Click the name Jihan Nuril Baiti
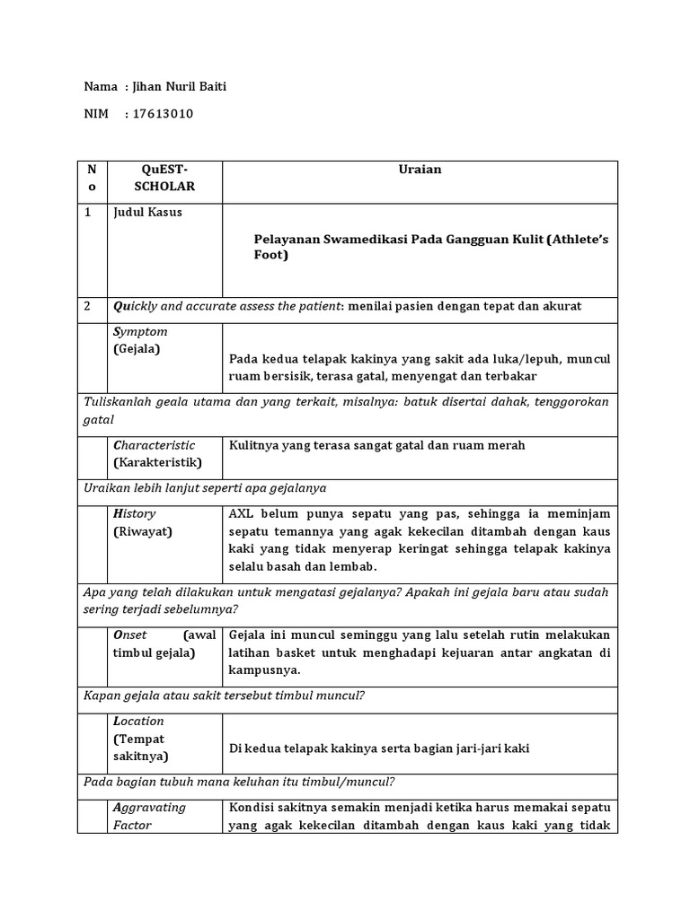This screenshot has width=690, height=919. tap(184, 87)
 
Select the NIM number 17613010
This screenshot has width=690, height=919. tap(163, 114)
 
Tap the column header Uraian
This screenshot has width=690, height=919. tap(420, 170)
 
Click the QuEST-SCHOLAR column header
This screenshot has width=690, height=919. tap(164, 178)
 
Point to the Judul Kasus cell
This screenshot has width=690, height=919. tap(147, 213)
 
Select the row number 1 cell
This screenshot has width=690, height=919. tap(88, 213)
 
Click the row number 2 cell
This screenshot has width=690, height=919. tap(88, 306)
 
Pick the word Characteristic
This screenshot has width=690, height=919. tap(154, 445)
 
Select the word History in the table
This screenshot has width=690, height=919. tap(135, 513)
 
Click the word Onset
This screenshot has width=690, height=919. tap(130, 635)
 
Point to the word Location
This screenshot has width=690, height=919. tap(138, 722)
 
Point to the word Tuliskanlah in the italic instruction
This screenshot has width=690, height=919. tap(120, 402)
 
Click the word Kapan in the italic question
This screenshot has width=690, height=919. tap(102, 696)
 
